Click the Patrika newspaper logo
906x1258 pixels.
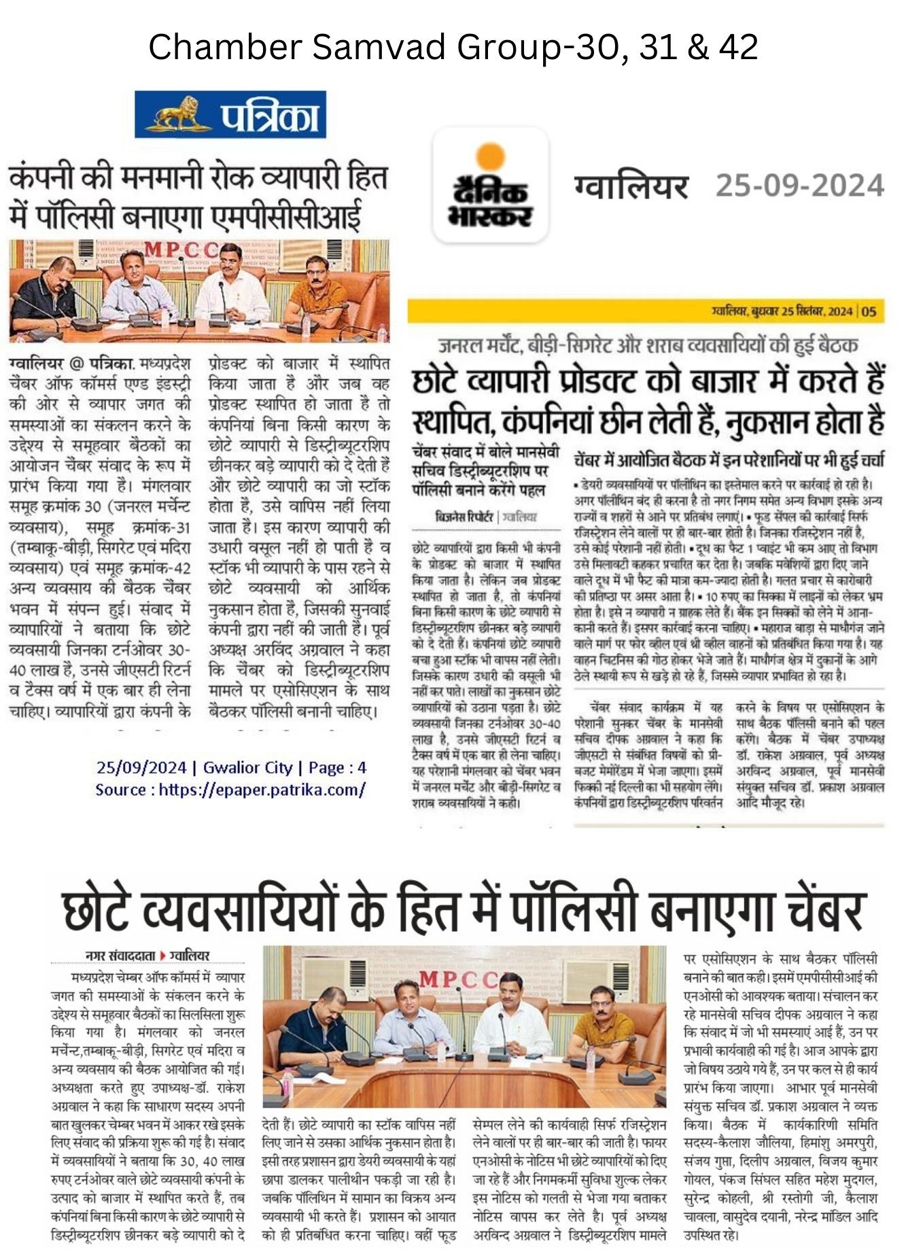click(x=230, y=115)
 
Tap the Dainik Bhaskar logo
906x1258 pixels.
click(x=490, y=185)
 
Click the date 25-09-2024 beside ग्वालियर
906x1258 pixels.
click(x=799, y=186)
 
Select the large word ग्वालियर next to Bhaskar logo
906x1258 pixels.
click(x=631, y=186)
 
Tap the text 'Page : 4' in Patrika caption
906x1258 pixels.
click(x=337, y=768)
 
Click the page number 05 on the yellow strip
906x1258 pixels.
click(x=869, y=312)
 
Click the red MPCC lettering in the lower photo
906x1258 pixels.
click(x=458, y=979)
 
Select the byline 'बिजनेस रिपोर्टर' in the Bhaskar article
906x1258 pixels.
click(x=465, y=517)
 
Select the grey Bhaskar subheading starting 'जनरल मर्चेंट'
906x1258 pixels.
click(x=647, y=345)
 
